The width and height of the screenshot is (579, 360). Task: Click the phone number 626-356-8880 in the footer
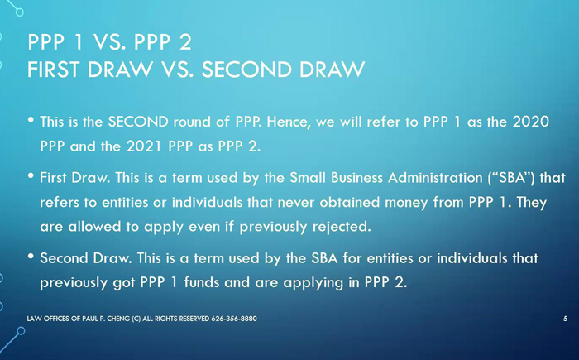(234, 319)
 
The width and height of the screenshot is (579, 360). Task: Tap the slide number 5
(565, 319)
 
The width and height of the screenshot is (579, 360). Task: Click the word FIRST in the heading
(54, 70)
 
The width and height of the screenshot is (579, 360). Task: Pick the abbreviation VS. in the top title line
(108, 42)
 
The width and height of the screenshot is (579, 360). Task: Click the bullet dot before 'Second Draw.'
(31, 257)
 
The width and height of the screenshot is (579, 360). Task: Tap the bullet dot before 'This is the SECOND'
(31, 120)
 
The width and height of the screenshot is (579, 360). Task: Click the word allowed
(94, 227)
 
